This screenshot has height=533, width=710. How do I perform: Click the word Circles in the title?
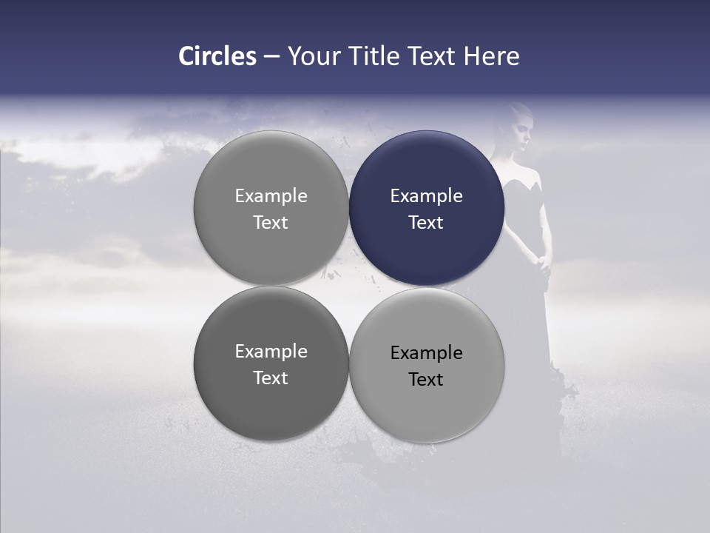(217, 56)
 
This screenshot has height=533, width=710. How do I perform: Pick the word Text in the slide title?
(434, 56)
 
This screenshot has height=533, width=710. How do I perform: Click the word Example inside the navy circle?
(426, 196)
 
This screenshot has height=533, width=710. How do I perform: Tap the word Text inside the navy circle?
(426, 223)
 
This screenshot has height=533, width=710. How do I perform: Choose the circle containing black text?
(427, 400)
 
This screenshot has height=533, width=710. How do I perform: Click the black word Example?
(426, 353)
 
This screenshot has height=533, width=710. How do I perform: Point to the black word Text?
(426, 380)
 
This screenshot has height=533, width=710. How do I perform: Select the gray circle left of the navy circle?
(271, 244)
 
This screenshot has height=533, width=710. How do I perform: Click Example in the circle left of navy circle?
(271, 196)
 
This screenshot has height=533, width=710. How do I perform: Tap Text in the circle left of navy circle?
(271, 223)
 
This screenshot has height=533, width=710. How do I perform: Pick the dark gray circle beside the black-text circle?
(271, 400)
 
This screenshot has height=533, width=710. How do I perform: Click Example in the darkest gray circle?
(271, 352)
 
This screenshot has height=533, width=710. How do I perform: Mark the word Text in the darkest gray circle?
(271, 378)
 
